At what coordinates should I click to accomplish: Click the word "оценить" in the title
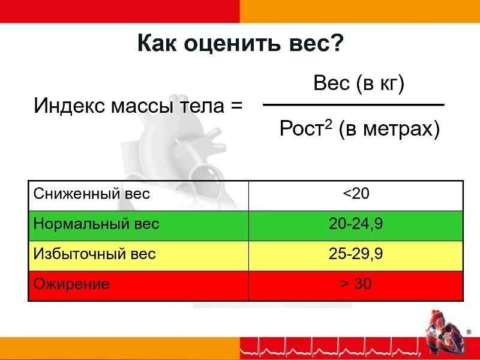(x=232, y=43)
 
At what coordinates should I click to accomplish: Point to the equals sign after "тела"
(x=236, y=106)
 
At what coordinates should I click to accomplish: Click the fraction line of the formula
(x=353, y=105)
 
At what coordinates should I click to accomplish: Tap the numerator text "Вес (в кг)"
(x=359, y=83)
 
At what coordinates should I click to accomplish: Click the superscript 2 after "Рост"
(x=328, y=124)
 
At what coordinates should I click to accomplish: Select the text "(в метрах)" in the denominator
(x=389, y=129)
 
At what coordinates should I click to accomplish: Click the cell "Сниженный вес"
(x=139, y=196)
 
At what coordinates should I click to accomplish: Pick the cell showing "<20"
(x=356, y=196)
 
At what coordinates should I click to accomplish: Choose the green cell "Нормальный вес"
(x=139, y=226)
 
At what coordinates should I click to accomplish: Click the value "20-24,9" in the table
(x=356, y=223)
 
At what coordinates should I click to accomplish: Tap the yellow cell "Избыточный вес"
(x=139, y=256)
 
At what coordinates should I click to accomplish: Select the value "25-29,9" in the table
(x=356, y=253)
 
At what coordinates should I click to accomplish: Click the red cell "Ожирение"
(x=139, y=286)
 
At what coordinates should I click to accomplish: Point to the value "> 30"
(x=356, y=284)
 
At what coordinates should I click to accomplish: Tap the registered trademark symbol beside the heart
(x=469, y=332)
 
